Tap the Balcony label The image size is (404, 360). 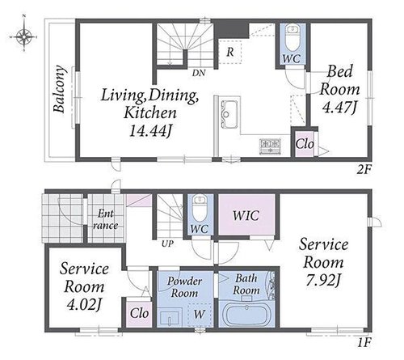point(60,89)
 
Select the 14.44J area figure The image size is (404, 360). point(150,131)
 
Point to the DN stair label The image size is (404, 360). point(199,73)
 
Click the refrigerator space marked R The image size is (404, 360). point(229,52)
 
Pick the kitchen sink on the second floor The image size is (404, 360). point(229,114)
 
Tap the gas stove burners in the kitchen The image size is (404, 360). point(270,146)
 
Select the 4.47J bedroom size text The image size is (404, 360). point(339,107)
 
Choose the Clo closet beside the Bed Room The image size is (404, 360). point(305,144)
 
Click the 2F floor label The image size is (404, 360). point(364,170)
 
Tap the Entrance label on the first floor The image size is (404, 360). point(105,219)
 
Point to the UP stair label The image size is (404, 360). point(167,244)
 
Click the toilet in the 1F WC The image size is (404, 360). point(200,208)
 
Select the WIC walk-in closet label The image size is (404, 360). point(246,215)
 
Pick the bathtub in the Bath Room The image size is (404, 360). point(247,315)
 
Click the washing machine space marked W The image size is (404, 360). point(200,315)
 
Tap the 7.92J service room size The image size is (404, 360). point(322,281)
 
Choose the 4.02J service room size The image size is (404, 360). point(84,305)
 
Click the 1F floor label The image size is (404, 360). point(364,342)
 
